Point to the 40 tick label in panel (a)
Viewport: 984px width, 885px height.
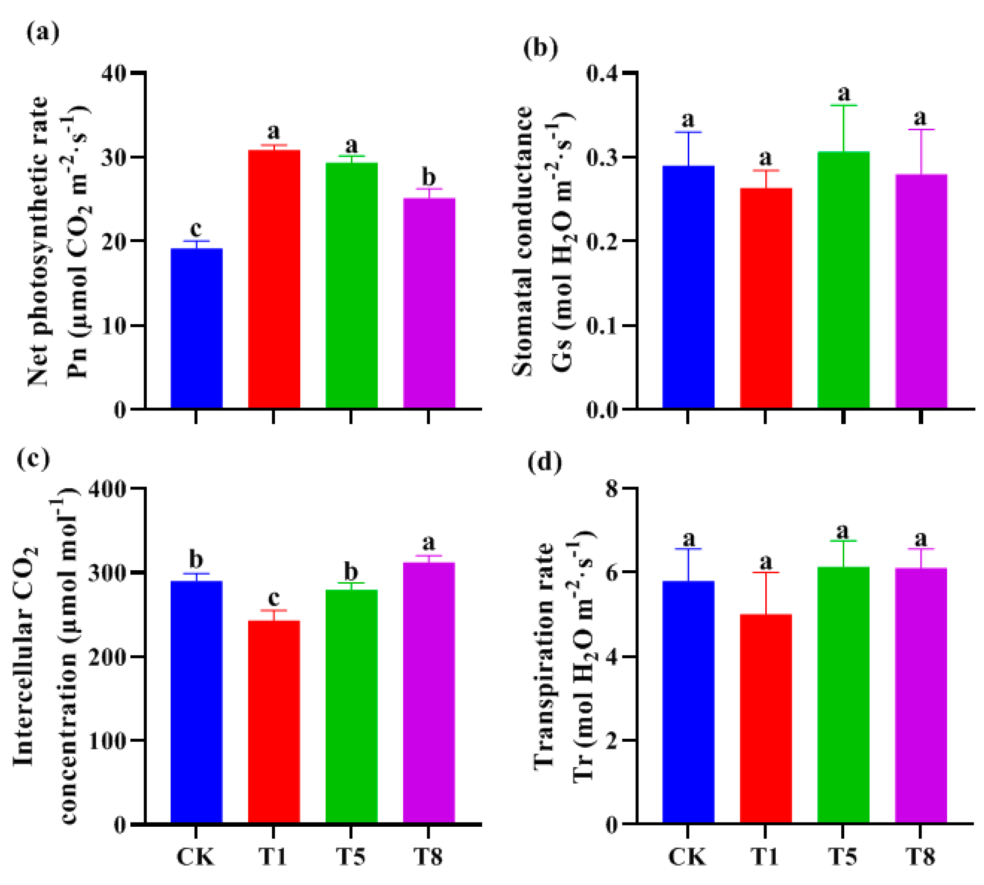pos(115,73)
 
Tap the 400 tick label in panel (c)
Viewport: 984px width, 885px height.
pos(108,488)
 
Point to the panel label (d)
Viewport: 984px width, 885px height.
pos(544,462)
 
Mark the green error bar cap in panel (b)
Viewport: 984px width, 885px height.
pos(843,105)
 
